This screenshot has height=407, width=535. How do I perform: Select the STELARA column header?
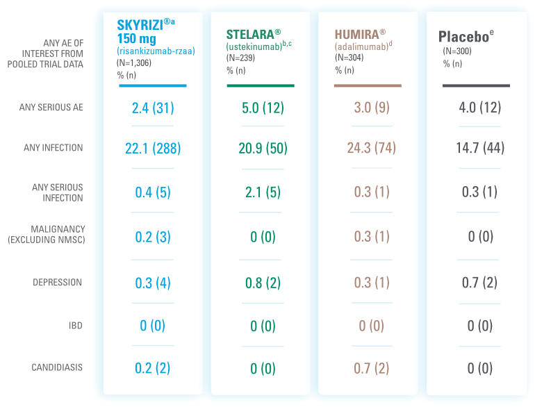253,34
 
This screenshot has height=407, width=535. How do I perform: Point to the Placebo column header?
465,36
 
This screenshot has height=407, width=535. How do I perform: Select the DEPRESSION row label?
58,283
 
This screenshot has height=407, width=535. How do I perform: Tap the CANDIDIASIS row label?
57,367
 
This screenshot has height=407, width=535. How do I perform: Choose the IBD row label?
76,325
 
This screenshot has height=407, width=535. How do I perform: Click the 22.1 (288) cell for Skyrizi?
153,148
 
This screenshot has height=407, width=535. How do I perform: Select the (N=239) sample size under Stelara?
242,58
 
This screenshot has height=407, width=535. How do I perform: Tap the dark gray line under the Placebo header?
476,86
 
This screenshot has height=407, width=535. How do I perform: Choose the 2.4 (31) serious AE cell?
153,108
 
